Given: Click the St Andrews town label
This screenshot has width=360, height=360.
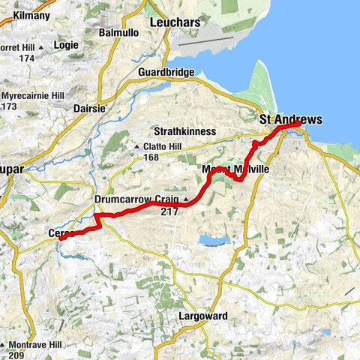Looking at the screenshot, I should (290, 120).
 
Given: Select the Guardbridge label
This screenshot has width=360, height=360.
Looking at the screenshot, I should (166, 72).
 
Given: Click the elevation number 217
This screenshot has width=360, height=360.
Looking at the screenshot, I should (169, 211).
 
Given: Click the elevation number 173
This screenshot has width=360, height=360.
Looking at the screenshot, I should (9, 107).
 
